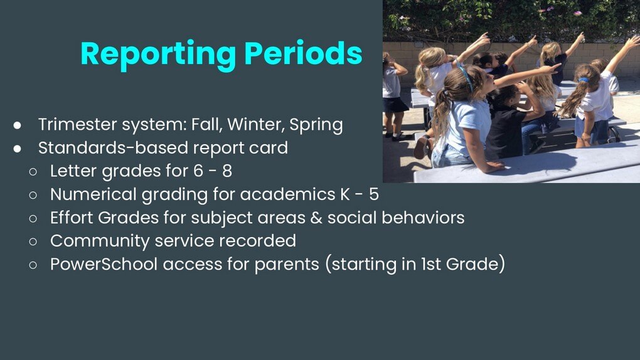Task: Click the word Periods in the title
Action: tap(303, 53)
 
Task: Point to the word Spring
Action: tap(316, 125)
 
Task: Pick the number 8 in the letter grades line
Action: tap(227, 171)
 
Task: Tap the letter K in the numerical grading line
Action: tap(345, 194)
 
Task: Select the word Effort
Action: tap(72, 218)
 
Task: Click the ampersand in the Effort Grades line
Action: tap(316, 218)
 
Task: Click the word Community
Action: tap(100, 241)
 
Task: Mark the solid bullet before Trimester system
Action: tap(17, 125)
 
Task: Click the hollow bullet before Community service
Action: tap(33, 241)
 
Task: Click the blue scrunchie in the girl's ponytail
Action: tap(584, 80)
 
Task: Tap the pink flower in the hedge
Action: tap(577, 13)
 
